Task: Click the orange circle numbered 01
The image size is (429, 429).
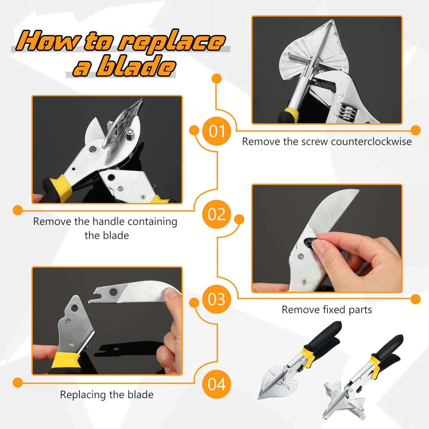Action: point(216,131)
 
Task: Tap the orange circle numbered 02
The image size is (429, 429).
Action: point(216,214)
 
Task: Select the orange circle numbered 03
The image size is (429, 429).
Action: point(216,299)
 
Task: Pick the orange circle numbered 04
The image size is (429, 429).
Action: point(216,384)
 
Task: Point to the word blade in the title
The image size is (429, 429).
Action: point(136,66)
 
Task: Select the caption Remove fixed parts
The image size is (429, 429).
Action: point(327,310)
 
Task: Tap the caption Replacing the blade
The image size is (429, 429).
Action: point(107,395)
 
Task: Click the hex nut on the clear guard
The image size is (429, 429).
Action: point(130,132)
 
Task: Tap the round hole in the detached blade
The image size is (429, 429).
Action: point(114,291)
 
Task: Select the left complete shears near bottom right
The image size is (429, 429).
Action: point(298,362)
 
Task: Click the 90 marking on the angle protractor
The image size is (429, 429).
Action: point(286,54)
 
